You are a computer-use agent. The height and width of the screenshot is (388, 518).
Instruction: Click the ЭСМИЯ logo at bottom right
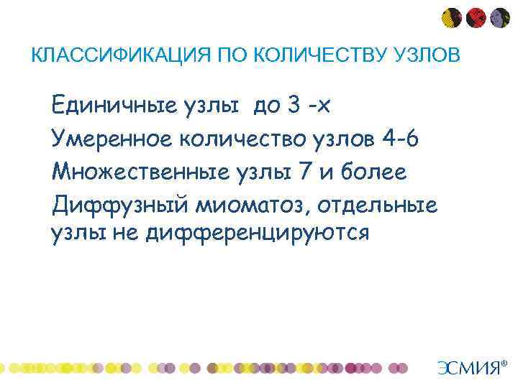[468, 368]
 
